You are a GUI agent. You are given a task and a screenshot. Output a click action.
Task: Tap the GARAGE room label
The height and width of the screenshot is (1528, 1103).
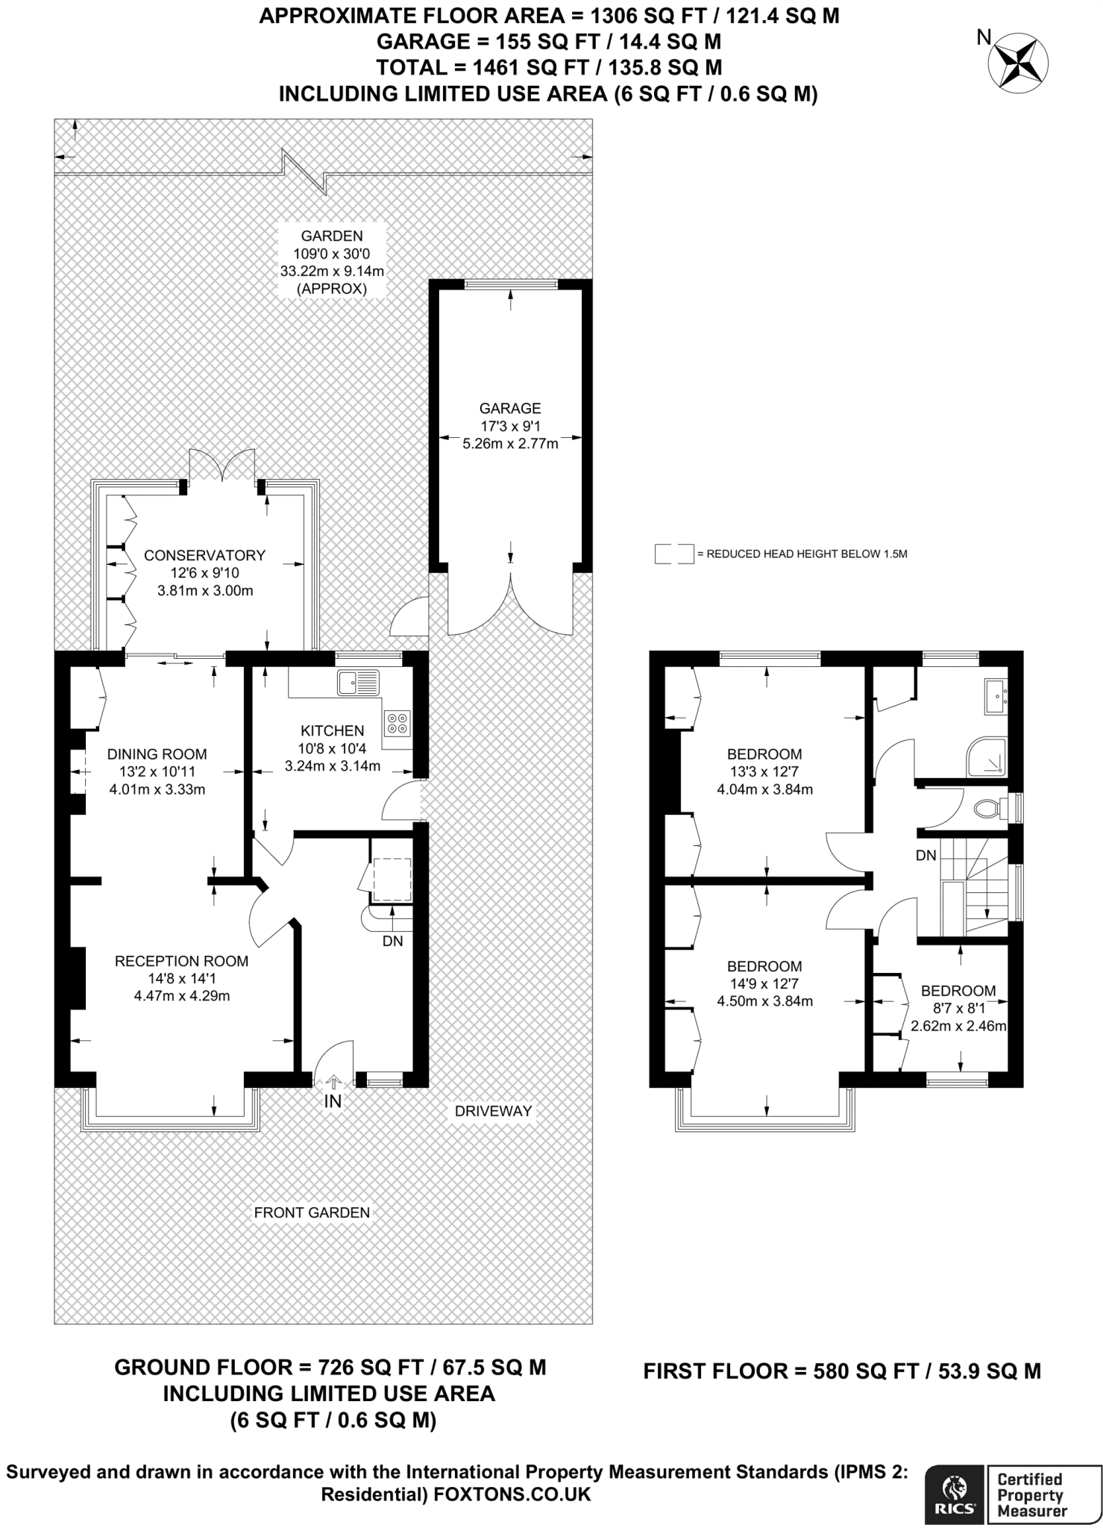tap(510, 408)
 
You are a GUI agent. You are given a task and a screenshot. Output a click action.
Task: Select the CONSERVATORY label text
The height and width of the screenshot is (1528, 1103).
tap(204, 555)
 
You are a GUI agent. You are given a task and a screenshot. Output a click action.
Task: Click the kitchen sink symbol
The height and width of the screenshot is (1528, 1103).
tap(358, 683)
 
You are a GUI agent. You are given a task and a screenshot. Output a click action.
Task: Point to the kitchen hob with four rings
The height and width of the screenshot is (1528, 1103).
tap(397, 722)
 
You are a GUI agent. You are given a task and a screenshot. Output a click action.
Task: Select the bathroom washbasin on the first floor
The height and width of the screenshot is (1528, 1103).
tap(996, 696)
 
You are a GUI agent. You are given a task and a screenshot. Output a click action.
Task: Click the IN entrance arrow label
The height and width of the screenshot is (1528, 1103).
tap(333, 1100)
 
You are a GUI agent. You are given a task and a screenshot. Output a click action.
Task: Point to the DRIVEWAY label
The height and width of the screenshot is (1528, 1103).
tap(494, 1111)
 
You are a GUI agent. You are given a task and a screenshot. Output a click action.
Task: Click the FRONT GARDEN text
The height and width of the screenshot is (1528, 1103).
tap(312, 1212)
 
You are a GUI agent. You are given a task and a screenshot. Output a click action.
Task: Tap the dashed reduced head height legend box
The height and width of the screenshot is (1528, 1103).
tap(674, 554)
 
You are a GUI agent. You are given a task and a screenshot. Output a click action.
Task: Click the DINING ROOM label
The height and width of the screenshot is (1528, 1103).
tap(157, 754)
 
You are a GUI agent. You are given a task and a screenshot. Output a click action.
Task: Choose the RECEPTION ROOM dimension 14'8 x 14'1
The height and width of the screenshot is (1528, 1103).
tap(181, 978)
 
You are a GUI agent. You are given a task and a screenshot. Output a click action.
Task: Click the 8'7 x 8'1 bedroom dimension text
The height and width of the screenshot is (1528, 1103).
tap(958, 1008)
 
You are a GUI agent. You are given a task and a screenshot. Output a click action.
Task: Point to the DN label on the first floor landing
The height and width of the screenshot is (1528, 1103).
tap(926, 856)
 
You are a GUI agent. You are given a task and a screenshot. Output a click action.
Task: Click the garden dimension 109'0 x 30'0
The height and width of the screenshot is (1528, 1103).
tap(332, 254)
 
